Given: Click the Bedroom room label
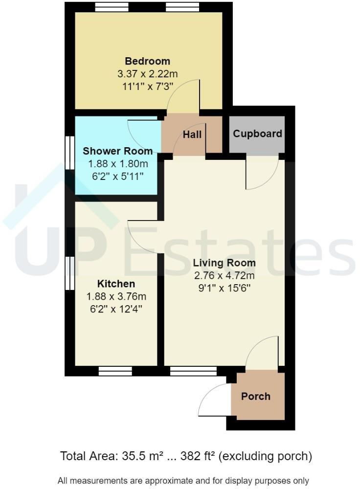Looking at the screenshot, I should pyautogui.click(x=148, y=61).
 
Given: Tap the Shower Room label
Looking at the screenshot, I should pyautogui.click(x=117, y=151).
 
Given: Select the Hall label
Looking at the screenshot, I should pyautogui.click(x=192, y=134).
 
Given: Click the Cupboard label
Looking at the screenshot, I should pyautogui.click(x=257, y=133).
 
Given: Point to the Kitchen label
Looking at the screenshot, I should pyautogui.click(x=116, y=284).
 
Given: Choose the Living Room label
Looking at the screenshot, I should pyautogui.click(x=224, y=263).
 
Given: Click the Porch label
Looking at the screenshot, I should pyautogui.click(x=256, y=396).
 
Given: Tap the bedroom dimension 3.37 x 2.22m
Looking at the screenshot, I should pyautogui.click(x=148, y=74).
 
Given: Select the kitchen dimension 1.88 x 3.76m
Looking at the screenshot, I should pyautogui.click(x=116, y=296).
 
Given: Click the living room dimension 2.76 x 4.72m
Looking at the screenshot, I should pyautogui.click(x=224, y=276).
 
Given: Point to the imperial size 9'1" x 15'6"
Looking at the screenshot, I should pyautogui.click(x=224, y=288).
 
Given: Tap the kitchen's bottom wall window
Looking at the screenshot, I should pyautogui.click(x=115, y=372).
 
